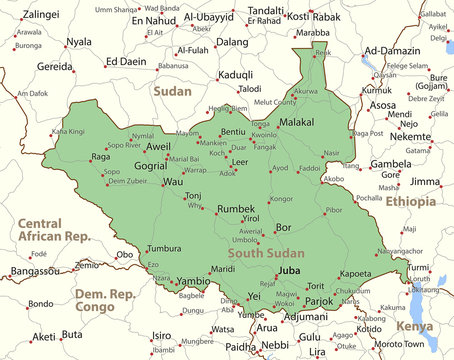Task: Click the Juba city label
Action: pyautogui.click(x=289, y=271)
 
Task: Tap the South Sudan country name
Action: pyautogui.click(x=266, y=254)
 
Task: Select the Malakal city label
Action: pyautogui.click(x=295, y=122)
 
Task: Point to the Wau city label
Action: pyautogui.click(x=173, y=181)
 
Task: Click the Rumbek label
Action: pyautogui.click(x=236, y=209)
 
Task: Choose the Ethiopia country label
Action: pyautogui.click(x=411, y=202)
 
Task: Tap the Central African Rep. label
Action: pyautogui.click(x=53, y=229)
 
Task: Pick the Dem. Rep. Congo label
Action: pyautogui.click(x=104, y=301)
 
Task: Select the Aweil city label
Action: pyautogui.click(x=158, y=147)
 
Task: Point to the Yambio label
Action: pyautogui.click(x=194, y=281)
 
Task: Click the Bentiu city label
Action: pyautogui.click(x=232, y=132)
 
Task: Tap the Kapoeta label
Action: pyautogui.click(x=355, y=273)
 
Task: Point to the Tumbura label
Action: pyautogui.click(x=163, y=248)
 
